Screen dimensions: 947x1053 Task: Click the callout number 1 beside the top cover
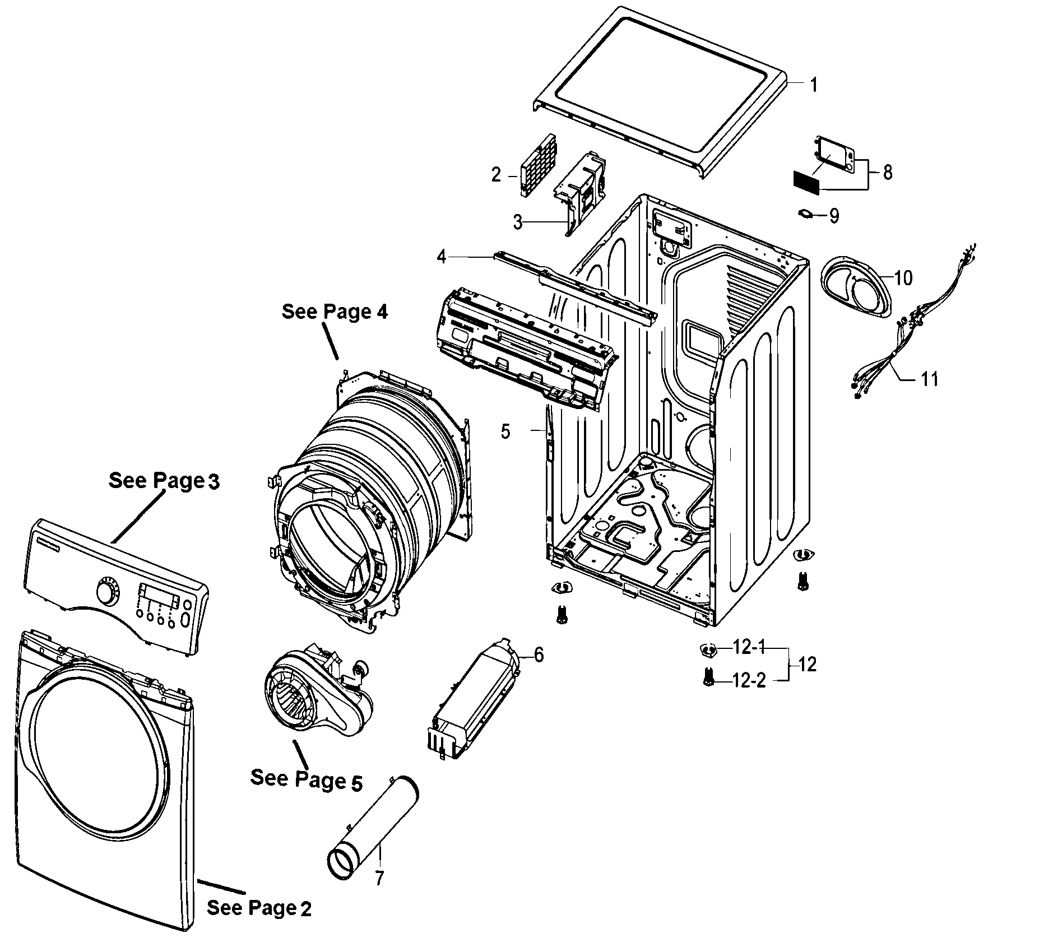(813, 85)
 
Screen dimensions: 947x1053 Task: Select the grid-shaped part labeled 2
(537, 166)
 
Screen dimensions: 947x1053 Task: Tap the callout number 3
(518, 222)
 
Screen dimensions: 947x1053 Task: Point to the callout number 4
(442, 257)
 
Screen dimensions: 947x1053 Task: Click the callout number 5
(505, 431)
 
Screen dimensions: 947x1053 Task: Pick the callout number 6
(539, 654)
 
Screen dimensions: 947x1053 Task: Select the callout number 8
(887, 172)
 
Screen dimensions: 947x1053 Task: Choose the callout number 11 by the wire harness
(930, 379)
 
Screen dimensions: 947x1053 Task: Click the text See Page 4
(335, 312)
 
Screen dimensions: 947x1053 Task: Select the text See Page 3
(164, 481)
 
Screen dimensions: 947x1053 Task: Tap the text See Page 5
(306, 779)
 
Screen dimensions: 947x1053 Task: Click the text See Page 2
(259, 908)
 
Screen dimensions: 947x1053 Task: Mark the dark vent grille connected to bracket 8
(806, 182)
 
